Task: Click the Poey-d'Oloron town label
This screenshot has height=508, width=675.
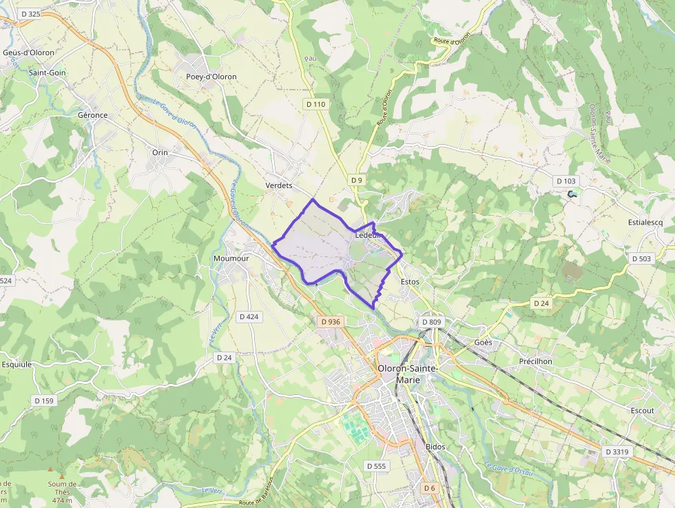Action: click(211, 77)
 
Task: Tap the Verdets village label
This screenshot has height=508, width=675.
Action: click(279, 185)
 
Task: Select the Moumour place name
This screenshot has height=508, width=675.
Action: click(231, 258)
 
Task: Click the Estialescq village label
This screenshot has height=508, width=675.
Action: click(645, 223)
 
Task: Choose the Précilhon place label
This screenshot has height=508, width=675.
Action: click(535, 361)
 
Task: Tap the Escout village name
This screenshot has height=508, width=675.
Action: click(642, 410)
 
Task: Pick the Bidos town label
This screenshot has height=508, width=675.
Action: click(435, 447)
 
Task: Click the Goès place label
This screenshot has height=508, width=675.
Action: click(484, 343)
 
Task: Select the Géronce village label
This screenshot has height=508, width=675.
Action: click(93, 115)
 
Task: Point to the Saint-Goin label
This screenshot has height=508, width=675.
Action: click(47, 72)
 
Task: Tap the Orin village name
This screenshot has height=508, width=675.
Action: click(160, 152)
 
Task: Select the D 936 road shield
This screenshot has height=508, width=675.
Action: click(331, 321)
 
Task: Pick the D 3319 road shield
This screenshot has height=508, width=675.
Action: click(616, 451)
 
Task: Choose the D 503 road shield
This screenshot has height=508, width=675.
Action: click(641, 258)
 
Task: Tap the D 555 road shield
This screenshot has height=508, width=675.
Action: click(377, 466)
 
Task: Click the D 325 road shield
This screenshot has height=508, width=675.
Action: click(30, 14)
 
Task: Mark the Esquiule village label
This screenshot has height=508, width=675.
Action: click(17, 365)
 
